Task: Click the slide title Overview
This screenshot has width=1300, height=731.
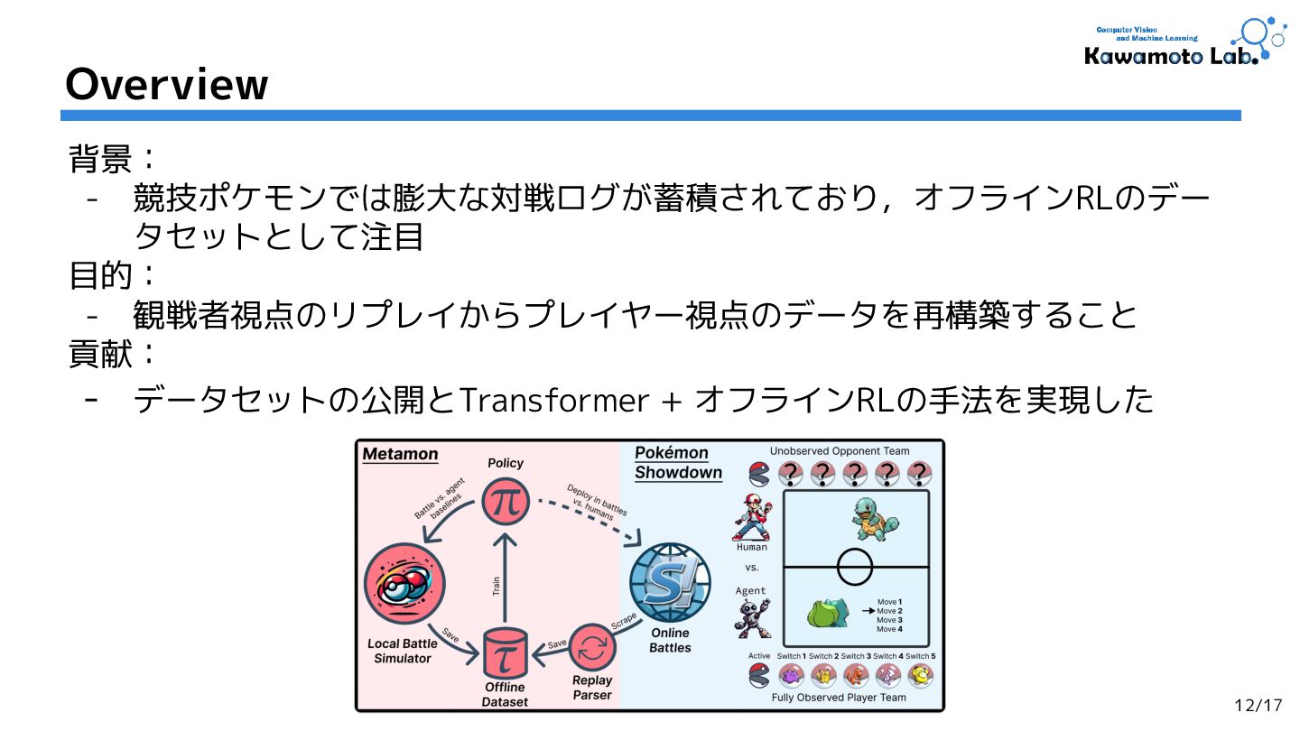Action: [x=167, y=84]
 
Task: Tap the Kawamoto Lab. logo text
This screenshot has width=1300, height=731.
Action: [x=1169, y=56]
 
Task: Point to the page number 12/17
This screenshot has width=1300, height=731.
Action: [x=1258, y=705]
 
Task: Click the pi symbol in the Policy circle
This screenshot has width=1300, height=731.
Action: [x=505, y=501]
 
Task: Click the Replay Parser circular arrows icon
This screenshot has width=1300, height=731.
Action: [x=592, y=648]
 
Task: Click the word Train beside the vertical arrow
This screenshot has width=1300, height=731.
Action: [x=496, y=587]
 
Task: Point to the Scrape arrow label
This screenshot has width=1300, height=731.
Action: [x=623, y=621]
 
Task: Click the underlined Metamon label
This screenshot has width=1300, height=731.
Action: [x=400, y=454]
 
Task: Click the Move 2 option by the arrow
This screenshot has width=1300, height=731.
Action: [x=889, y=611]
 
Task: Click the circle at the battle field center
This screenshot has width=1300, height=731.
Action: [x=855, y=567]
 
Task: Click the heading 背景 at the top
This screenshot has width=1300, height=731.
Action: [x=100, y=160]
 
